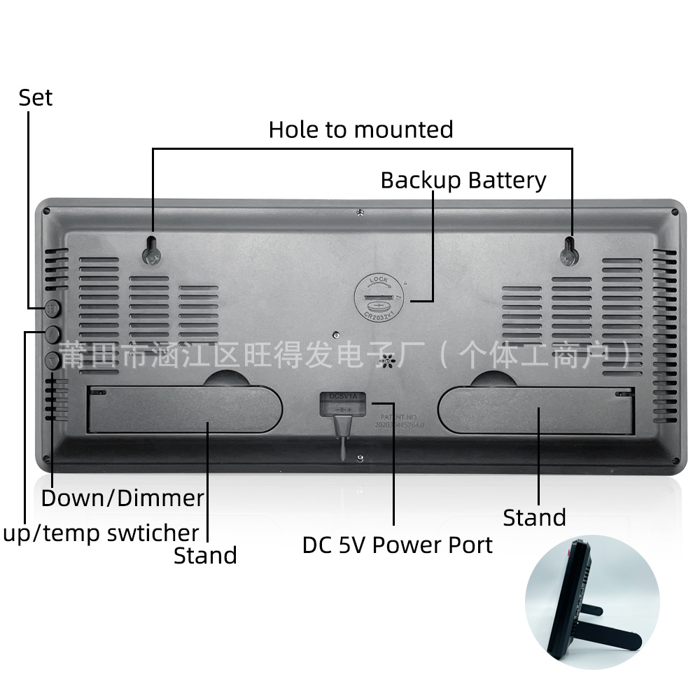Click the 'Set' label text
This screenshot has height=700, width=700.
point(36,97)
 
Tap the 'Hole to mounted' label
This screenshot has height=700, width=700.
point(360,129)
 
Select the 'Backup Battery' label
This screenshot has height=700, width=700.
point(463,180)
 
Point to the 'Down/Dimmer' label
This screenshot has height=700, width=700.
point(122,498)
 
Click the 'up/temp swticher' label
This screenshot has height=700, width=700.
point(100,533)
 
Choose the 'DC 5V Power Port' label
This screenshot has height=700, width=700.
point(397,545)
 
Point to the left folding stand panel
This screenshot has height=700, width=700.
point(184,409)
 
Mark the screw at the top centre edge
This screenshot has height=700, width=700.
point(359,211)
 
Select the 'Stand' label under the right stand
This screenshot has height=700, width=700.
point(534,518)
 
